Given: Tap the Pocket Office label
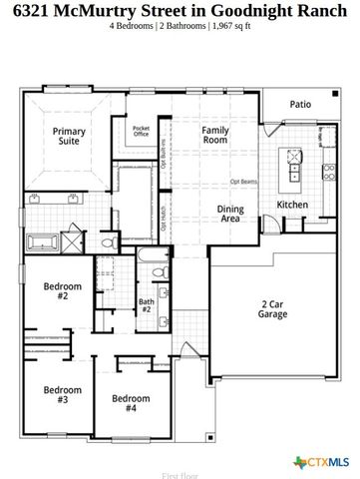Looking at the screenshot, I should tap(141, 132).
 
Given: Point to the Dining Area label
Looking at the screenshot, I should tap(230, 213).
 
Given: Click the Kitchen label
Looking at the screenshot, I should tap(292, 205).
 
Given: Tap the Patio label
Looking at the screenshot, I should tap(300, 104).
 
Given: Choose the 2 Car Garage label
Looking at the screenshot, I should tap(273, 308).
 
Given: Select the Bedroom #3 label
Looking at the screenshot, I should tap(62, 394).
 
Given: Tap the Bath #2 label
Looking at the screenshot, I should tap(146, 304).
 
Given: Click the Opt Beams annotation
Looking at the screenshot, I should tap(245, 183).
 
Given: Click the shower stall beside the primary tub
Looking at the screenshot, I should tap(73, 241).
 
